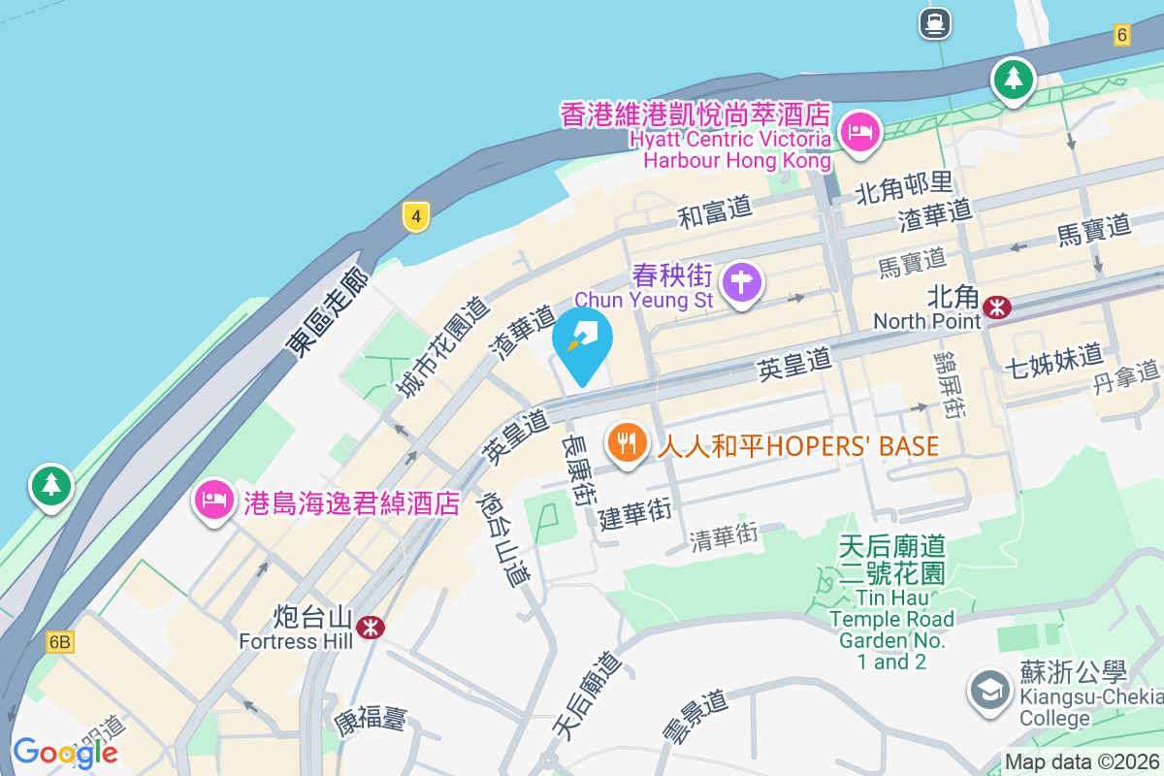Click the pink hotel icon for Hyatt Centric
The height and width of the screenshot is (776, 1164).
pos(859,131)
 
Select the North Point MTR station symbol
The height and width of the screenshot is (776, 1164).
pos(996,307)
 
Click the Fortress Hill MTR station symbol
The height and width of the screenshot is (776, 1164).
pos(370,628)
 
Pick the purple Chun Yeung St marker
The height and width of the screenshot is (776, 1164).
pos(743,283)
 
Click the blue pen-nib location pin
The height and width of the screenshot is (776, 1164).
pos(582,341)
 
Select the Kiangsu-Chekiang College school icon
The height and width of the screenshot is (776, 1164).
pos(989,691)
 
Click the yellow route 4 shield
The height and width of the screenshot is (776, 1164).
pos(415,216)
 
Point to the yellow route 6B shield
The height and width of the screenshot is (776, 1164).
pos(60,642)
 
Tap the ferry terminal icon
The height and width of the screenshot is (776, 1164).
pos(936,23)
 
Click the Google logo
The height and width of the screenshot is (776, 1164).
pos(65,752)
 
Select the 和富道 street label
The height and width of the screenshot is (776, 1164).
pos(715,211)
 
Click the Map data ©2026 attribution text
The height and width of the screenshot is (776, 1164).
pos(1082,762)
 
